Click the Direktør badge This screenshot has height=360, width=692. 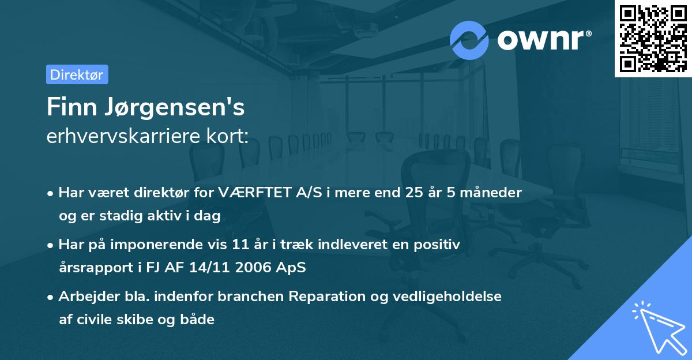pos(77,74)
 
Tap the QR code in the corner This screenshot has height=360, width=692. pos(653,39)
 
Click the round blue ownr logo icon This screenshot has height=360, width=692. pos(469,40)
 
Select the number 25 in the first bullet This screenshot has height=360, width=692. pos(413,193)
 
